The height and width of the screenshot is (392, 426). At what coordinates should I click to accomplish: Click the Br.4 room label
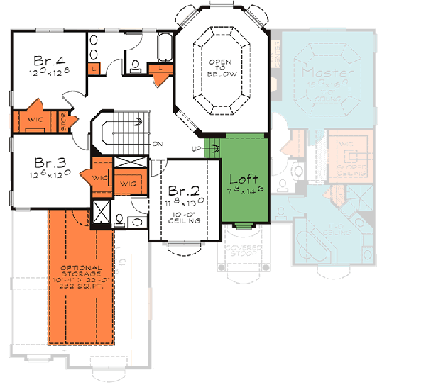pos(48,59)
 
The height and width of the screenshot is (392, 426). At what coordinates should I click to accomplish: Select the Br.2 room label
pos(182,189)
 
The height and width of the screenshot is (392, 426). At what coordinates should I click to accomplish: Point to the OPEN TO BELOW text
pos(221,68)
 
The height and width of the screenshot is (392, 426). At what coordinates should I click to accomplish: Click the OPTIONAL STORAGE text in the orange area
pos(80,272)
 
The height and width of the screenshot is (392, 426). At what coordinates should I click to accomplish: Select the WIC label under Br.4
pos(35,120)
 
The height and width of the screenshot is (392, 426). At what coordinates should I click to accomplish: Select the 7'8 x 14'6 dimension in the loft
pos(243,191)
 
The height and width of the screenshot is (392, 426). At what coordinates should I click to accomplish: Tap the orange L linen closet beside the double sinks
pos(94,68)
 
